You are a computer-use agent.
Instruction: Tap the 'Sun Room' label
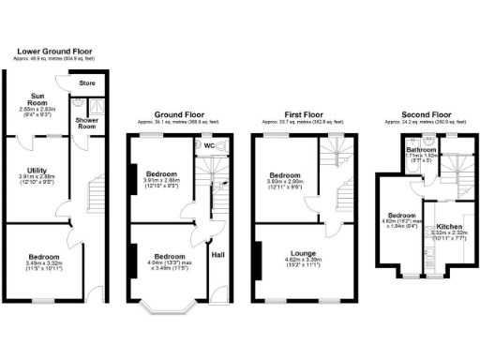[40, 100]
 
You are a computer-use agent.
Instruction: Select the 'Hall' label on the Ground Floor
[217, 254]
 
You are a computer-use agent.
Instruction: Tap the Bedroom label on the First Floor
[285, 175]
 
